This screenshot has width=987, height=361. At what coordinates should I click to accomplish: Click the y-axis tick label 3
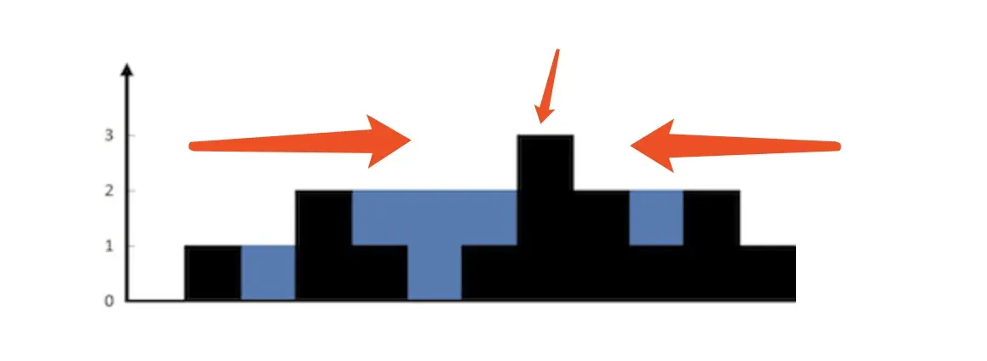coord(109,135)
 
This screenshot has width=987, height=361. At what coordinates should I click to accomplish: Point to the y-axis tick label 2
coord(109,191)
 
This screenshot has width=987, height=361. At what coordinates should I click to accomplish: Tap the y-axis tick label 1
coord(109,246)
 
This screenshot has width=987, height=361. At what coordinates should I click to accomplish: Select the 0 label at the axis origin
coord(109,301)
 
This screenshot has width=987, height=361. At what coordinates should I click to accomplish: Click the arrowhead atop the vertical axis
coord(127,69)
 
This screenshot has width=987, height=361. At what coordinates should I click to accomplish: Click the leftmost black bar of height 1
coord(213,272)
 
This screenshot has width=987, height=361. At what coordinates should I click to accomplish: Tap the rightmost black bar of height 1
coord(767,272)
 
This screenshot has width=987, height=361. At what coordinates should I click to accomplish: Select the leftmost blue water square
coord(268,272)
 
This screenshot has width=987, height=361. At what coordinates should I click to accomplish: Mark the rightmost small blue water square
coord(656,218)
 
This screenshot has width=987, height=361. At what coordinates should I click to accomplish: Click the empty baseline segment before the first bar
coord(156,301)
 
